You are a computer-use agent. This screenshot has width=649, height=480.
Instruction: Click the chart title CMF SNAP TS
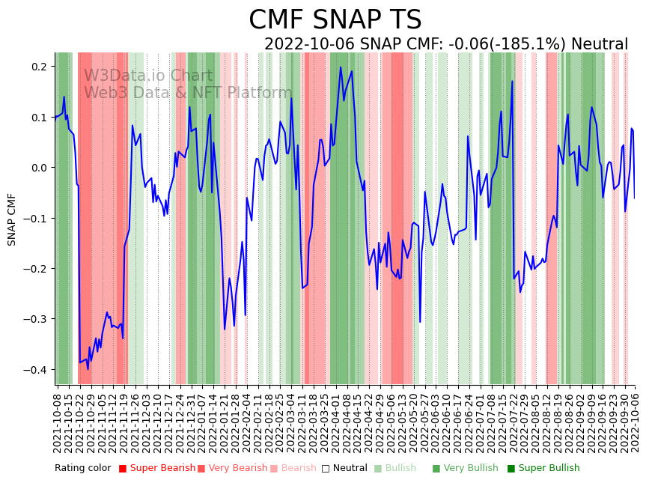point(335,20)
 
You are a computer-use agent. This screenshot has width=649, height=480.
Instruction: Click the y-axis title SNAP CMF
point(12,219)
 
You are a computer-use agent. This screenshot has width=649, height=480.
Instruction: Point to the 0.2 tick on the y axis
point(39,67)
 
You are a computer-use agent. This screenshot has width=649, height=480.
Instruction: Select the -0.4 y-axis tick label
point(37,370)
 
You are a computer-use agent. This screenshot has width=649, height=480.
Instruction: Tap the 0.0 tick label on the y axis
point(39,168)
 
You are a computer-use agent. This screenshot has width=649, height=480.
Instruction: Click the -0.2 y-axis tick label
point(37,269)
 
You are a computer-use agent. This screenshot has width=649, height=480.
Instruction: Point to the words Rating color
point(82,468)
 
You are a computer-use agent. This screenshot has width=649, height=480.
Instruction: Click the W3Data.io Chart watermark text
point(148,76)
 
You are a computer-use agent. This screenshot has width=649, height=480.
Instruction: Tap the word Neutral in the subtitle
point(600,45)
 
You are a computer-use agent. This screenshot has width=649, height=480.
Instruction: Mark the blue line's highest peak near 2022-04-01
point(341,67)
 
